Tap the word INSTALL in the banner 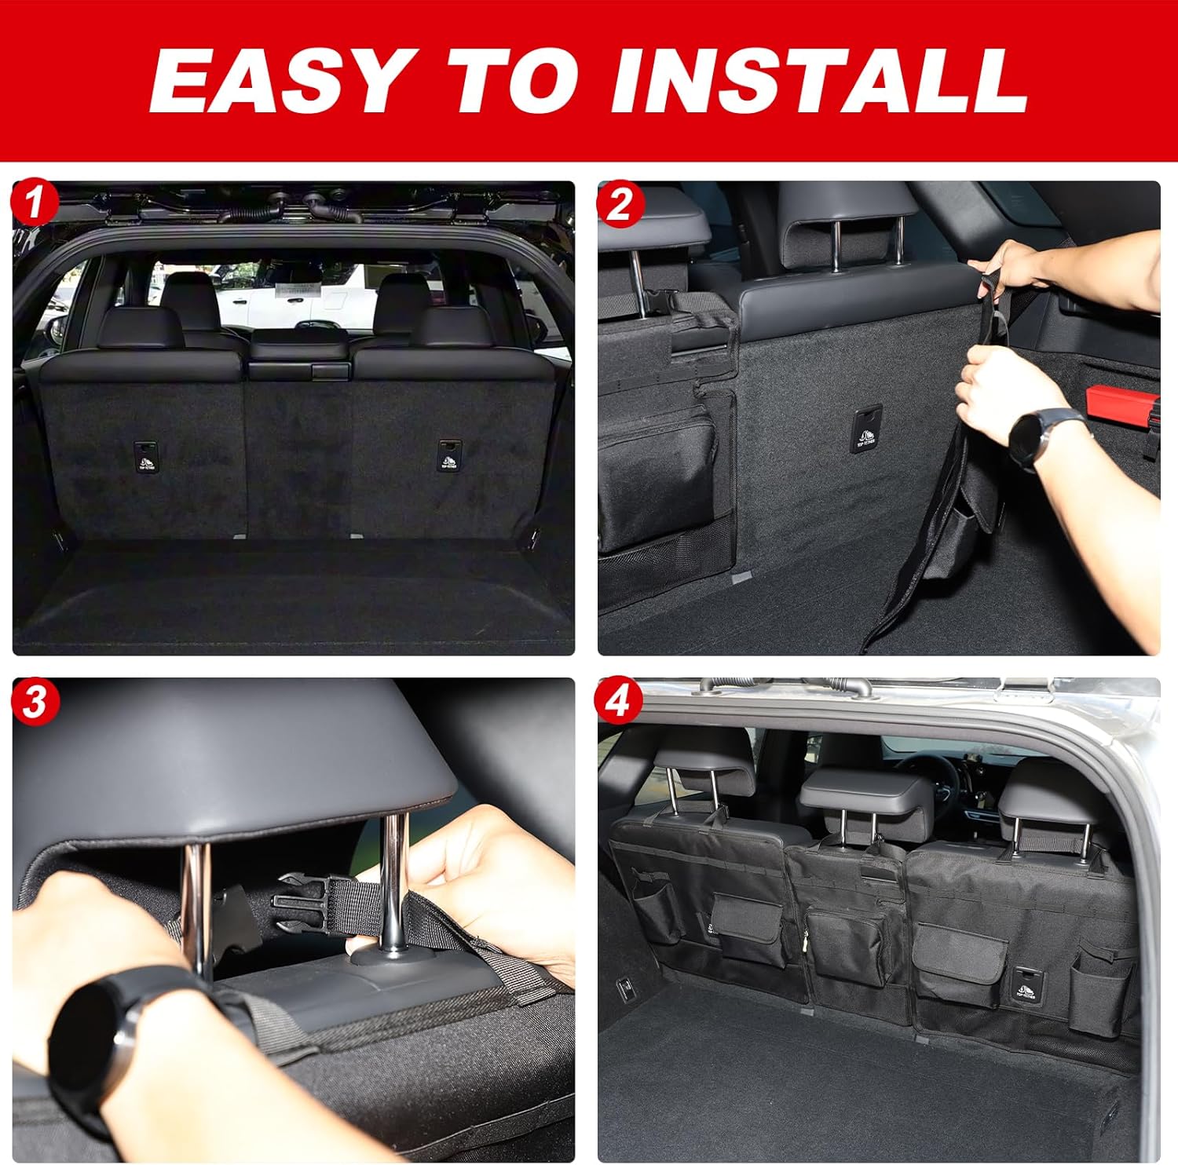pos(820,82)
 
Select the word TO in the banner pos(523,82)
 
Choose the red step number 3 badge pos(34,702)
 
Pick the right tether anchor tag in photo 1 pos(449,455)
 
